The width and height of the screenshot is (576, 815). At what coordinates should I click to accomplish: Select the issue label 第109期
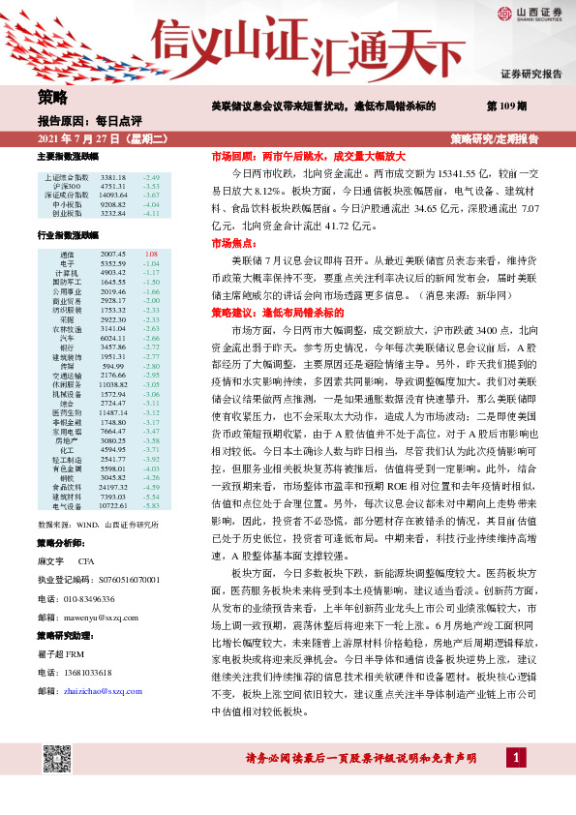(506, 105)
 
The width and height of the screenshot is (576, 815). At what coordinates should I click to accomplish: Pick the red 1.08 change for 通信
(150, 254)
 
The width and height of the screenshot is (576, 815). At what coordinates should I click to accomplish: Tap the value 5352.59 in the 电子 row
(113, 263)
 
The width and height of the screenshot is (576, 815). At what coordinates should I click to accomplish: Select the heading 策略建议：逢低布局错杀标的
(277, 287)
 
